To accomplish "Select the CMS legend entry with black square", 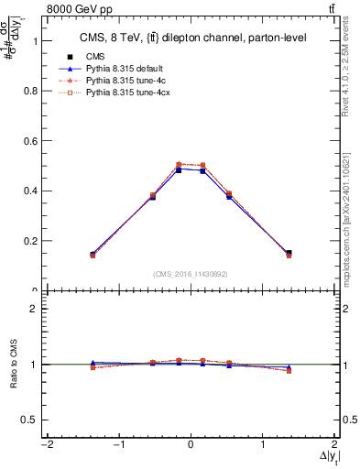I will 94,57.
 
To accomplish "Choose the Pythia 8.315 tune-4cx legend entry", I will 127,94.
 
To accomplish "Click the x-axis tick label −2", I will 45,445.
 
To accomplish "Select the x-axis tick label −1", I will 117,445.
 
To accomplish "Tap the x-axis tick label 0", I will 191,445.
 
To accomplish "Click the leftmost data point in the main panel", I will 93,255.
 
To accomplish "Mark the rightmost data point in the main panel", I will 289,254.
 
